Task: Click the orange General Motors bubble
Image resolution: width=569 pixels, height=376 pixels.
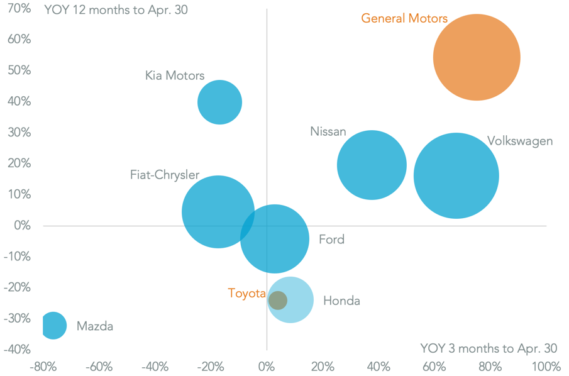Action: [x=477, y=57]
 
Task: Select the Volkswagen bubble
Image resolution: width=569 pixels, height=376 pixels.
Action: [x=456, y=176]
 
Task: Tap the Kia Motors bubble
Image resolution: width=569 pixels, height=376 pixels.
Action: [x=220, y=102]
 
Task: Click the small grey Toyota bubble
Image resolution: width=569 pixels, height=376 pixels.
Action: [x=277, y=300]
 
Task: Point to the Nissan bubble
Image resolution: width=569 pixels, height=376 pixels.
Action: [x=372, y=165]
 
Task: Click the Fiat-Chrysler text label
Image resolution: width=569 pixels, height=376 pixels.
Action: [x=165, y=175]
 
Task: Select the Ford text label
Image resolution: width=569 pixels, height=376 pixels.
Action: [x=331, y=240]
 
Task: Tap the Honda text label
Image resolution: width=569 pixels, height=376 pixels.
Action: [x=341, y=301]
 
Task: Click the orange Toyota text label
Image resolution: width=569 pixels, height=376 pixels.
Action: [x=246, y=293]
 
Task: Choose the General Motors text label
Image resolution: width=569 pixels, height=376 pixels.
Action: [x=404, y=18]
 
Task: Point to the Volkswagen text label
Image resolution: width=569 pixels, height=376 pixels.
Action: [x=520, y=141]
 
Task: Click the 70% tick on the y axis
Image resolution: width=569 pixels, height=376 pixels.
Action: [x=19, y=9]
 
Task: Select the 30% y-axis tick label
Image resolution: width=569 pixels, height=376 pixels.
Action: [x=19, y=133]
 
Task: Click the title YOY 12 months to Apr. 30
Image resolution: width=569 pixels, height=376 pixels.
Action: [x=116, y=10]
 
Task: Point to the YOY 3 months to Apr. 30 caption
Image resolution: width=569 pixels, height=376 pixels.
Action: [x=489, y=348]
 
